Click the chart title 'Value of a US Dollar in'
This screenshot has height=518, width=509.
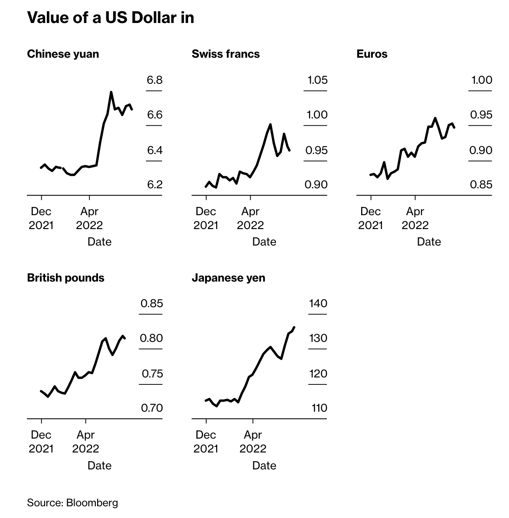click(110, 17)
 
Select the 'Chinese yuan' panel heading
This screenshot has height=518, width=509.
click(63, 54)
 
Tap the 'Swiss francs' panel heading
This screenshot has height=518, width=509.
click(225, 54)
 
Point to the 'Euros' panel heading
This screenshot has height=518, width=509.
click(372, 54)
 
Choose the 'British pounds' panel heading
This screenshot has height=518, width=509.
click(65, 278)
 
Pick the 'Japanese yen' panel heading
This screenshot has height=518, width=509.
click(228, 278)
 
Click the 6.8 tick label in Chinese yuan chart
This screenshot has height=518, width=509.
click(155, 80)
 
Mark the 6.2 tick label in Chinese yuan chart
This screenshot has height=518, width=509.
click(155, 185)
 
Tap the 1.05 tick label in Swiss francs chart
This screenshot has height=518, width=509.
click(317, 80)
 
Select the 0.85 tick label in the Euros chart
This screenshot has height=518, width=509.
click(481, 185)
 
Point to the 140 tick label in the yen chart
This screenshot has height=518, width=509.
click(318, 303)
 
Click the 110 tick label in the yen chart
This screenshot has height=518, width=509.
click(318, 408)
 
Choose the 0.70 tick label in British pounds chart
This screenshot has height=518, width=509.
click(152, 408)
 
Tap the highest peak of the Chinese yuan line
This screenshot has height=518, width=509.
click(111, 92)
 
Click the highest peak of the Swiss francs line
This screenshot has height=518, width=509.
click(271, 124)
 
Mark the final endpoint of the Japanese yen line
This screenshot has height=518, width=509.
click(294, 327)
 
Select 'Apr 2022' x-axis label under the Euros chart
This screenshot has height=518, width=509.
click(415, 218)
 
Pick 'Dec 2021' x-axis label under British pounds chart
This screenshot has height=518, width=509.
click(41, 442)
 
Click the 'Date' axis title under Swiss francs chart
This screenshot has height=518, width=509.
click(264, 242)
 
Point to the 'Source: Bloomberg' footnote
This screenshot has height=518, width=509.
click(72, 503)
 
